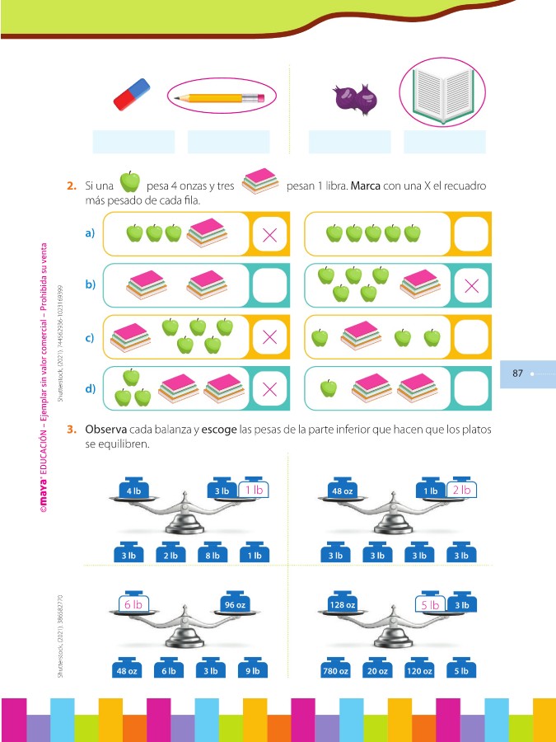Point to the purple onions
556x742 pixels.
tap(355, 99)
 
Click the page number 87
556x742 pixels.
tap(518, 373)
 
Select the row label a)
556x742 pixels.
tap(90, 234)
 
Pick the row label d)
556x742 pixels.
tap(90, 387)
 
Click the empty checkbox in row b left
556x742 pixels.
tap(269, 286)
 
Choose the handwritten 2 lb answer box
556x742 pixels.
tap(461, 489)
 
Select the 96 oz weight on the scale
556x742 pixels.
tap(235, 604)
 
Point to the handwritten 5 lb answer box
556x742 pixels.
tap(430, 604)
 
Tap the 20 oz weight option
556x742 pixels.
tap(377, 669)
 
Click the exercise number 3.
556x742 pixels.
tap(72, 430)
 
